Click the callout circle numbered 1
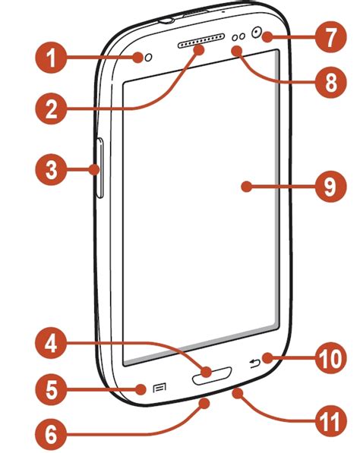point(51,58)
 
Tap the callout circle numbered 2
point(51,109)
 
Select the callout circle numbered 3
point(51,169)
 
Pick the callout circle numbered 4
point(51,343)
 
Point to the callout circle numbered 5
point(51,389)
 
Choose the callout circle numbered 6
point(51,434)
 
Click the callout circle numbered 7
point(330,36)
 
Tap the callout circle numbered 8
point(330,83)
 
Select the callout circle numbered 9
point(330,187)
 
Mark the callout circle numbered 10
point(330,358)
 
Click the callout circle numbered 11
point(330,423)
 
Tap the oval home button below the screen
point(212,376)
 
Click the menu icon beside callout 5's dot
point(159,388)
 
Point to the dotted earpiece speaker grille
point(201,41)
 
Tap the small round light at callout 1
point(148,58)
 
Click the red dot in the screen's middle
point(246,187)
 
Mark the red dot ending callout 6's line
point(204,402)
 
